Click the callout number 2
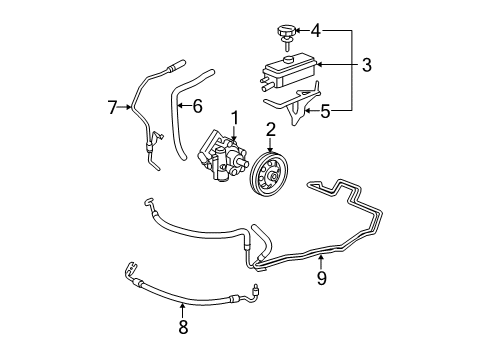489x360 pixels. [x=271, y=128]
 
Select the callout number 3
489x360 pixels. [x=366, y=66]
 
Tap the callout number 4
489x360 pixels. [x=315, y=30]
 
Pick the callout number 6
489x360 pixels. [x=197, y=104]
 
